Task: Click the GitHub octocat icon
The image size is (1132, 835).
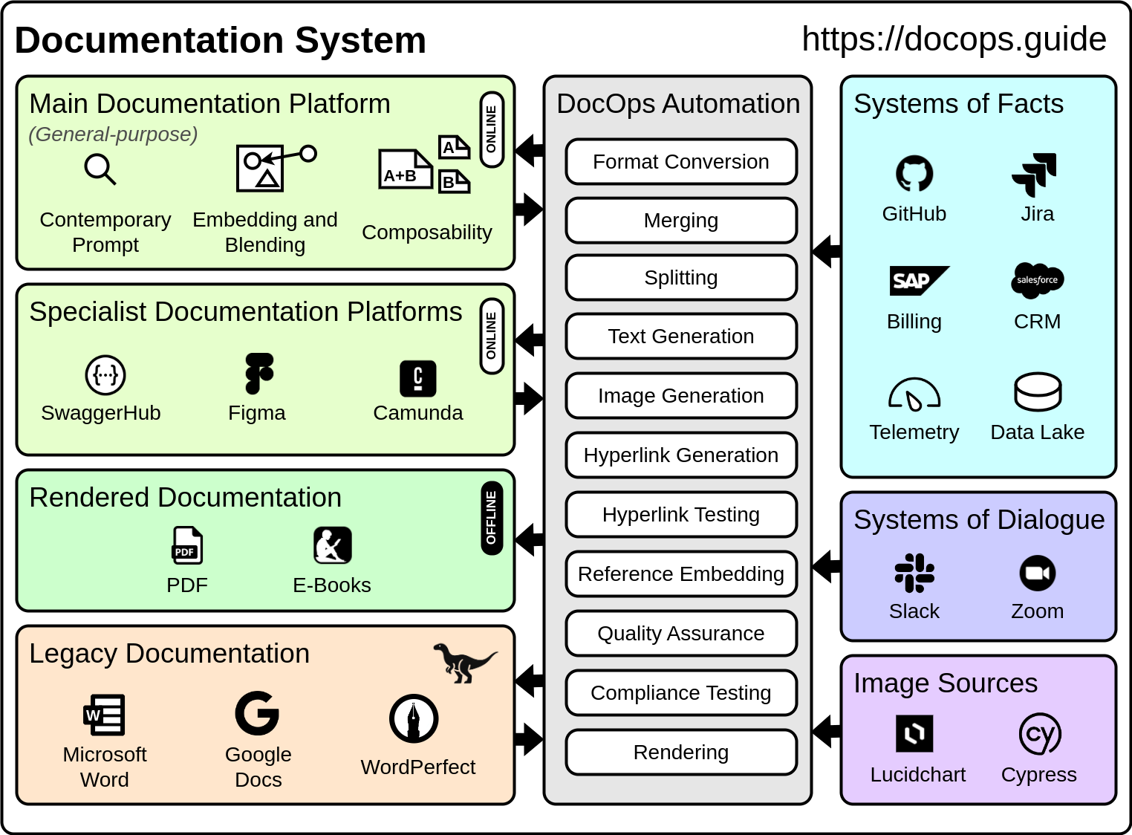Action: click(x=914, y=174)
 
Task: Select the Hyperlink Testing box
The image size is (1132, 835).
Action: click(x=680, y=514)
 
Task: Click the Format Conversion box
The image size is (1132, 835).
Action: click(x=680, y=161)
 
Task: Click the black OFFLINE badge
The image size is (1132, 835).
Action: click(x=491, y=518)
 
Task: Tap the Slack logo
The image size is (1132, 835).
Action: click(x=914, y=573)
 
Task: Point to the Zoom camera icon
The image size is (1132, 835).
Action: click(x=1037, y=573)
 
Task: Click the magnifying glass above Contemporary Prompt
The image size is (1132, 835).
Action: click(x=100, y=169)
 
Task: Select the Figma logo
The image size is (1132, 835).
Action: click(x=258, y=374)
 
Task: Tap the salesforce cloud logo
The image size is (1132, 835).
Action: click(x=1037, y=280)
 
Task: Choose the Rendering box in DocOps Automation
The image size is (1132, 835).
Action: click(x=680, y=752)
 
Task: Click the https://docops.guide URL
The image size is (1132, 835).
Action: click(x=954, y=39)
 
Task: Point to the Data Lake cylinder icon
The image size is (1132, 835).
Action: click(x=1037, y=391)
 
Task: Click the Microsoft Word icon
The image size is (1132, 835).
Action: click(x=104, y=715)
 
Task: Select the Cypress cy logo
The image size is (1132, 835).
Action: click(x=1039, y=734)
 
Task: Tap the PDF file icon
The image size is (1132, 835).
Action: click(x=187, y=545)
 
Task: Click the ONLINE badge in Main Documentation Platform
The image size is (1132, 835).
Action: click(x=491, y=129)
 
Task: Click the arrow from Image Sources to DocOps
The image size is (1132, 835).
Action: click(x=826, y=731)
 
